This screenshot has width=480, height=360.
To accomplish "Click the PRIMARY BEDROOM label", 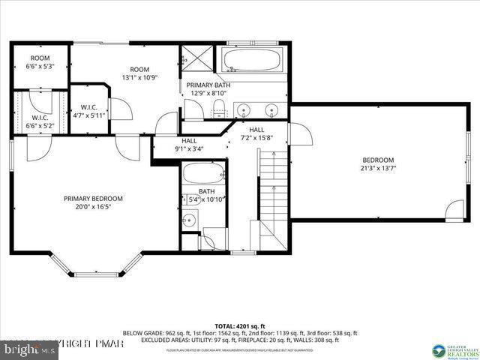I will click(x=93, y=198).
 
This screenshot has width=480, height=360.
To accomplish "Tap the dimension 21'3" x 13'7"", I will click(x=378, y=169).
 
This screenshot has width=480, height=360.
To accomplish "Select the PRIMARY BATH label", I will click(x=208, y=85).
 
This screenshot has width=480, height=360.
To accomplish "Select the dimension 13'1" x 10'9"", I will click(x=139, y=78).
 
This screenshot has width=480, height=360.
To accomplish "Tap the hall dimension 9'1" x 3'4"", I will click(x=188, y=148).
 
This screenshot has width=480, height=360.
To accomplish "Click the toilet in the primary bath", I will click(x=218, y=111).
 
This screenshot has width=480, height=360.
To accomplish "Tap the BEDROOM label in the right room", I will click(x=378, y=160).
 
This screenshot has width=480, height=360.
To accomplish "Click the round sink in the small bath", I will click(x=190, y=220).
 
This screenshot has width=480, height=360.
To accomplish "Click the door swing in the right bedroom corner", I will click(x=454, y=211).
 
